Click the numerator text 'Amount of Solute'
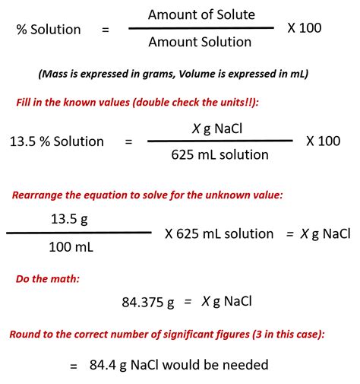tap(201, 14)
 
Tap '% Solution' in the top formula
tap(49, 30)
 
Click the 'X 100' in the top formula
tap(304, 28)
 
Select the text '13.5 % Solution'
tap(57, 141)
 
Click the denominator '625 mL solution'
tap(219, 154)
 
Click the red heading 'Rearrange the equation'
tap(147, 195)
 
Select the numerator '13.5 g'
tap(70, 219)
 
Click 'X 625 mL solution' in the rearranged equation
tap(219, 233)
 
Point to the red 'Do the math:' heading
tap(48, 278)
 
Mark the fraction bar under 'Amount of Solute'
tap(201, 29)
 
